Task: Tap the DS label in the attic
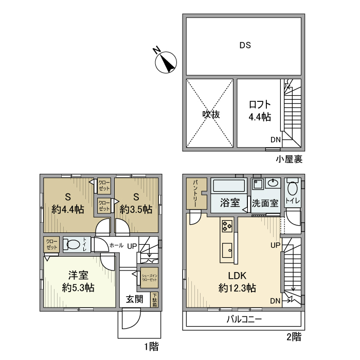pos(244,45)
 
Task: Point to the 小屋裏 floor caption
pos(289,159)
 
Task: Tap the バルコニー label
pos(244,319)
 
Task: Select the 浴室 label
pos(230,203)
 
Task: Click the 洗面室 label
pos(265,203)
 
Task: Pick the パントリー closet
pos(196,193)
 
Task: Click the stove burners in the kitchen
pos(227,225)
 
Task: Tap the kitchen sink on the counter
pos(227,251)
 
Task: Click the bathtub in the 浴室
pos(229,186)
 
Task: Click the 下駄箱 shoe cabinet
pos(154,300)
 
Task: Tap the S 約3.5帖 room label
pos(136,204)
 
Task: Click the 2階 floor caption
pos(293,338)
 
